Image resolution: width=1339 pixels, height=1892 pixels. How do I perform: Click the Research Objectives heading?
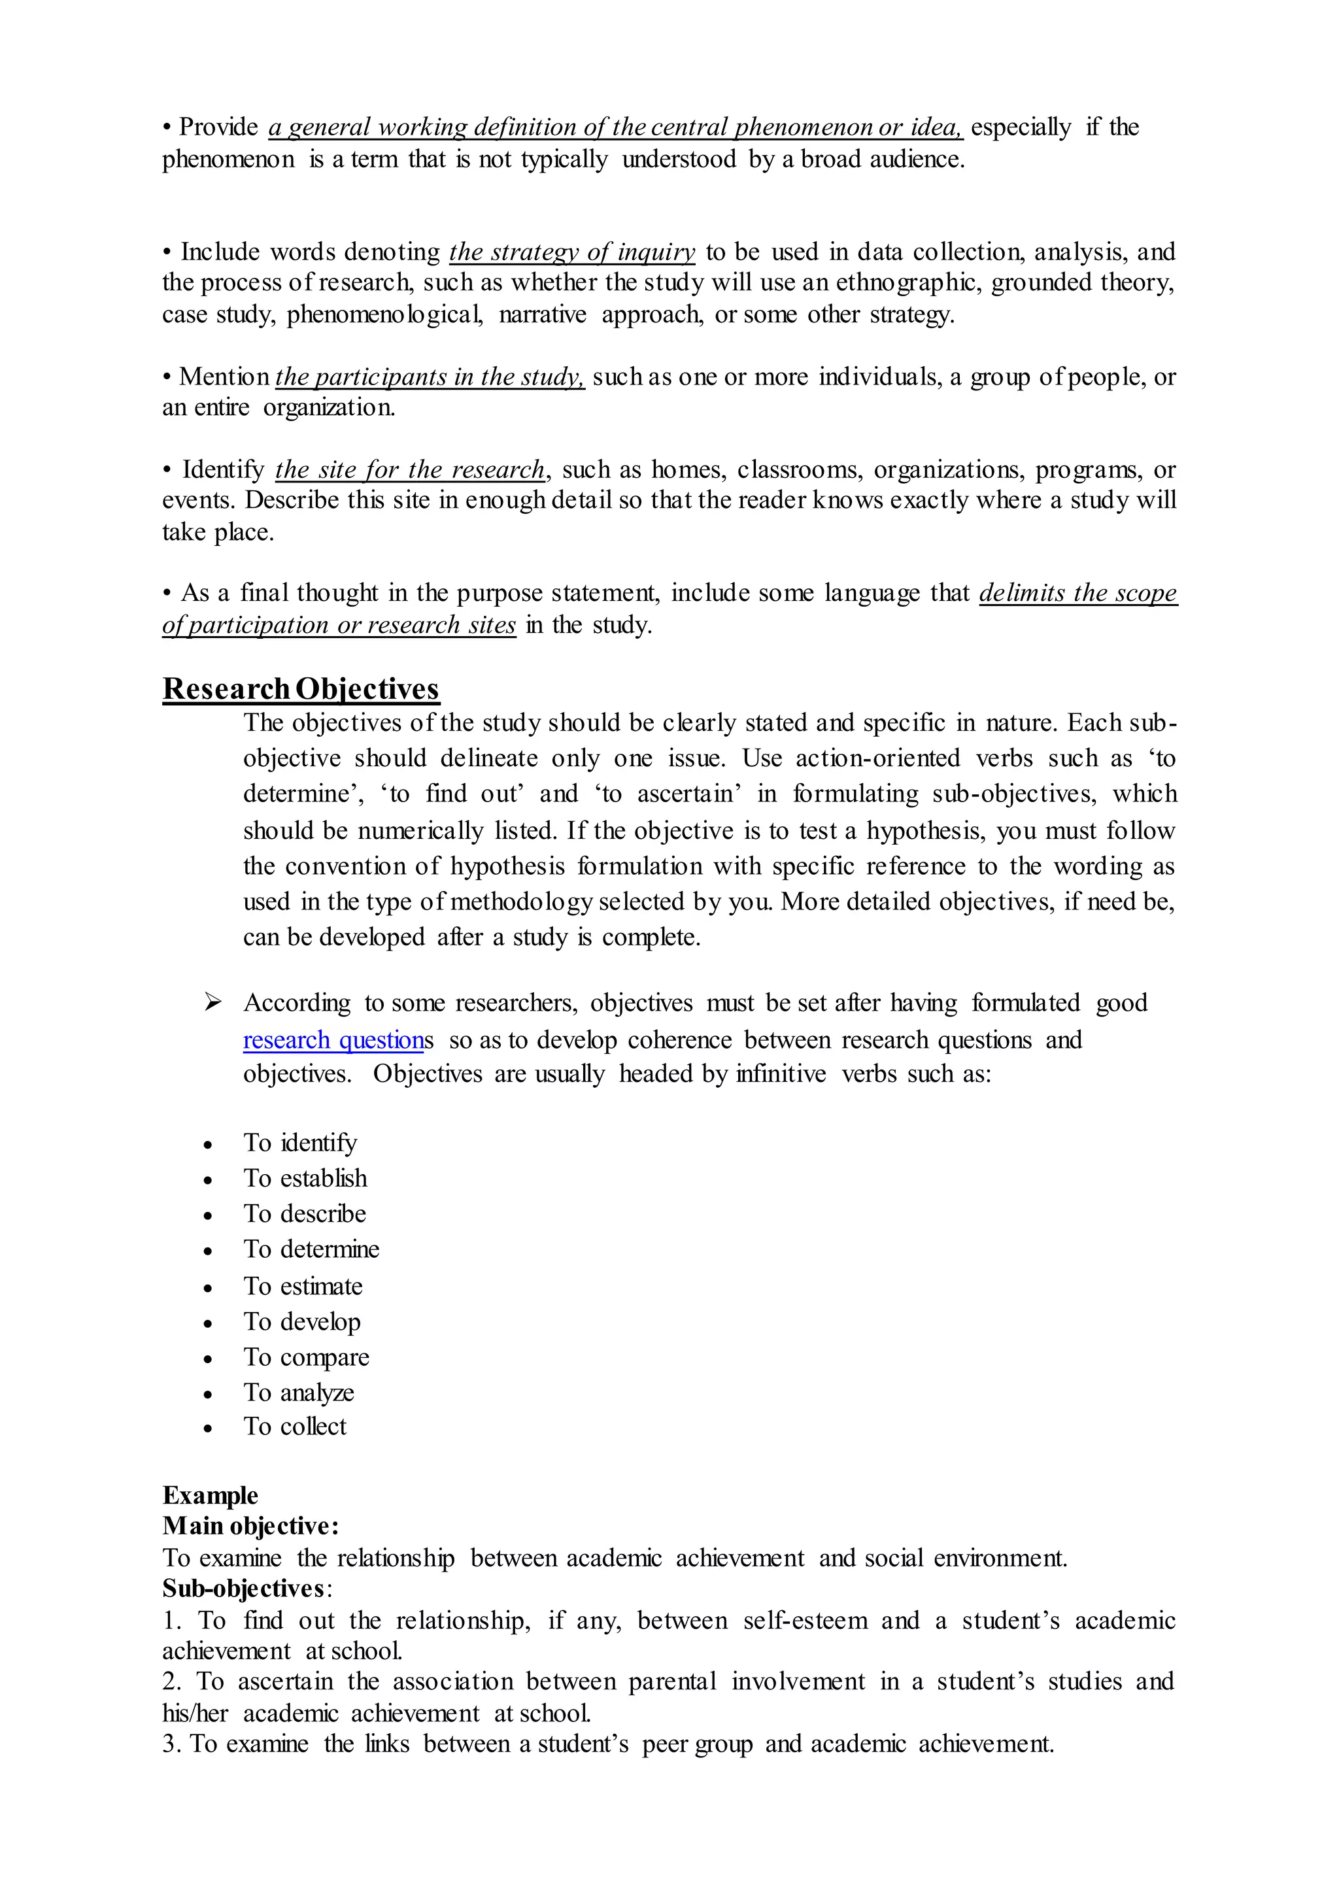[x=301, y=688]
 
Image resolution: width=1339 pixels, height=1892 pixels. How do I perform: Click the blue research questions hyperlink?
[x=333, y=1039]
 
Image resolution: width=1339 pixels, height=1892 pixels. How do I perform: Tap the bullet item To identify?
[x=300, y=1143]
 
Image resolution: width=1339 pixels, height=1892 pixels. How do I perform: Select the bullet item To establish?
[x=305, y=1178]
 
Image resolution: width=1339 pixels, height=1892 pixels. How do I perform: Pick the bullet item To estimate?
[x=303, y=1286]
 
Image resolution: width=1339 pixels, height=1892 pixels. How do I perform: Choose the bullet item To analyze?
[x=299, y=1393]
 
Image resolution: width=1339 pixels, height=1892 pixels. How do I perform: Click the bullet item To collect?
[x=294, y=1427]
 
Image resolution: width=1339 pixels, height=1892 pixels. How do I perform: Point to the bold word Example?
[x=211, y=1495]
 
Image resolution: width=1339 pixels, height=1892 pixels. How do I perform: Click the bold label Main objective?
[x=250, y=1526]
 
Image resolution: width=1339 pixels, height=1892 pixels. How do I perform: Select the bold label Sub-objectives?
[x=246, y=1589]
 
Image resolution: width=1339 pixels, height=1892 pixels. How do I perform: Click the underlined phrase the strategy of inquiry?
[x=572, y=252]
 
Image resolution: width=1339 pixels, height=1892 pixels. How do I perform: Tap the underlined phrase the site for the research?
[x=410, y=469]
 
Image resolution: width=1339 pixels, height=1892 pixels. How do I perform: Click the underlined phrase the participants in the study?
[x=430, y=377]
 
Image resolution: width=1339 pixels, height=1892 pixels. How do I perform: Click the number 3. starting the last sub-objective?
[x=173, y=1744]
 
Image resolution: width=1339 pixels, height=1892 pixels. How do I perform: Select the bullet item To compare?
[x=306, y=1357]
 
